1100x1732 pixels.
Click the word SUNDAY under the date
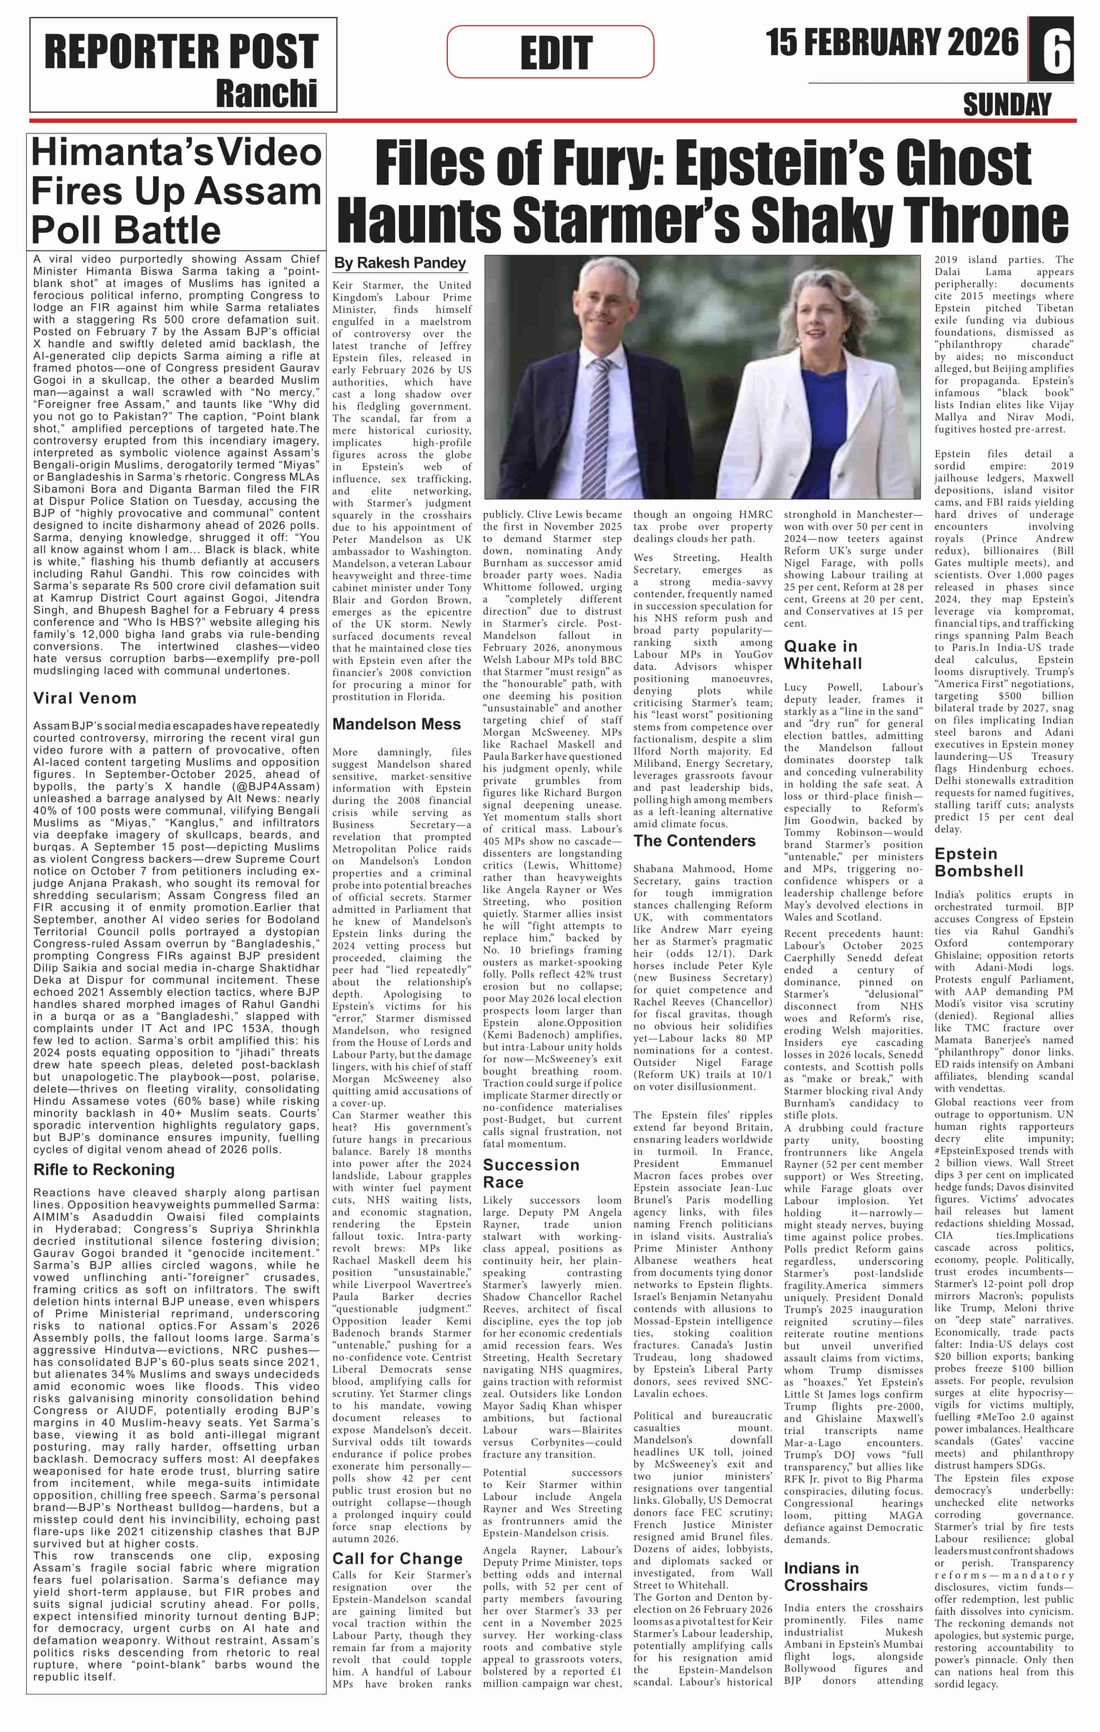pyautogui.click(x=1007, y=105)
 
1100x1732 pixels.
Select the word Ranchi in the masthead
pyautogui.click(x=266, y=93)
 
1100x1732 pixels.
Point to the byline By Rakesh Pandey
pyautogui.click(x=400, y=263)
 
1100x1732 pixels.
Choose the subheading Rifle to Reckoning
pyautogui.click(x=104, y=1169)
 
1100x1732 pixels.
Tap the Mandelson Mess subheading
pyautogui.click(x=396, y=725)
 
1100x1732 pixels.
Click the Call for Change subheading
pyautogui.click(x=397, y=1559)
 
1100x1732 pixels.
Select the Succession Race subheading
pyautogui.click(x=530, y=1174)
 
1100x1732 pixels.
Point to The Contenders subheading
pyautogui.click(x=694, y=841)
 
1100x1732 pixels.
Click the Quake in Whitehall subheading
pyautogui.click(x=822, y=654)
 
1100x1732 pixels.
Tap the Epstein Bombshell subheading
pyautogui.click(x=978, y=862)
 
